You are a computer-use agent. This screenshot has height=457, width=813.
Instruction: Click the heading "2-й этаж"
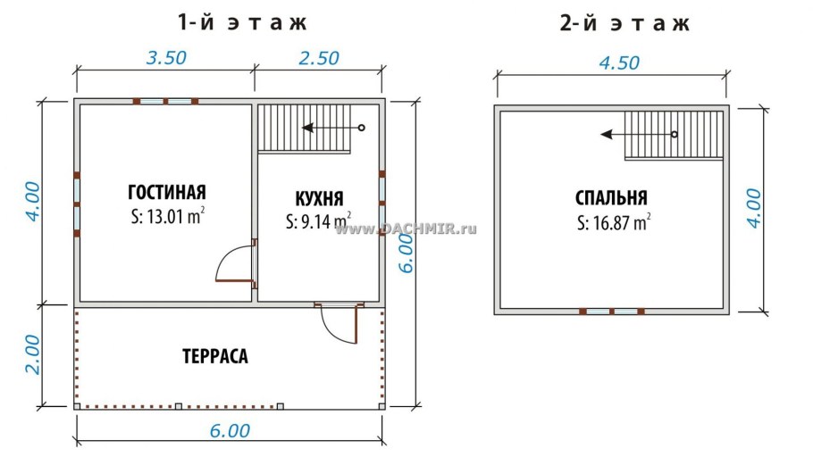tap(624, 22)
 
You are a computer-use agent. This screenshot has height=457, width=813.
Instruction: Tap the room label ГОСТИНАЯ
tap(167, 192)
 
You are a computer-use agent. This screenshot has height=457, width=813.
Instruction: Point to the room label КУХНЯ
tap(319, 198)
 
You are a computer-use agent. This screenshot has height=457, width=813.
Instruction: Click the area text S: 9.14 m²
tap(318, 220)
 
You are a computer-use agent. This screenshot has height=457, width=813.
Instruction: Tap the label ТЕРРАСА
tap(214, 356)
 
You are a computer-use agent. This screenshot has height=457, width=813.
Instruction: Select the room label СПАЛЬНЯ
tap(612, 198)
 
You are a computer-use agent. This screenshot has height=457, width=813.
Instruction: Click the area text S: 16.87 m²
tap(613, 222)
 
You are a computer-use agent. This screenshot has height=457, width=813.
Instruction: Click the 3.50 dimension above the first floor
tap(165, 58)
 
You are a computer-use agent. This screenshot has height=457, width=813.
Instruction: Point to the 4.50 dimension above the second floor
tap(611, 63)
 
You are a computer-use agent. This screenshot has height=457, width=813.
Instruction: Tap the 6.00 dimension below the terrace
tap(229, 430)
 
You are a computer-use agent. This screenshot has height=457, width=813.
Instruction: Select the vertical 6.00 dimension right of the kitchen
tap(406, 255)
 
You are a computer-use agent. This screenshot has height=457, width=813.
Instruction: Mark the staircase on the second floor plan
tap(672, 135)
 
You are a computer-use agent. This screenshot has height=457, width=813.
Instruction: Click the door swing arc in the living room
tap(232, 264)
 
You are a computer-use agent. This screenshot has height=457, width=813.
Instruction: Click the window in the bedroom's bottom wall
tap(612, 312)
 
